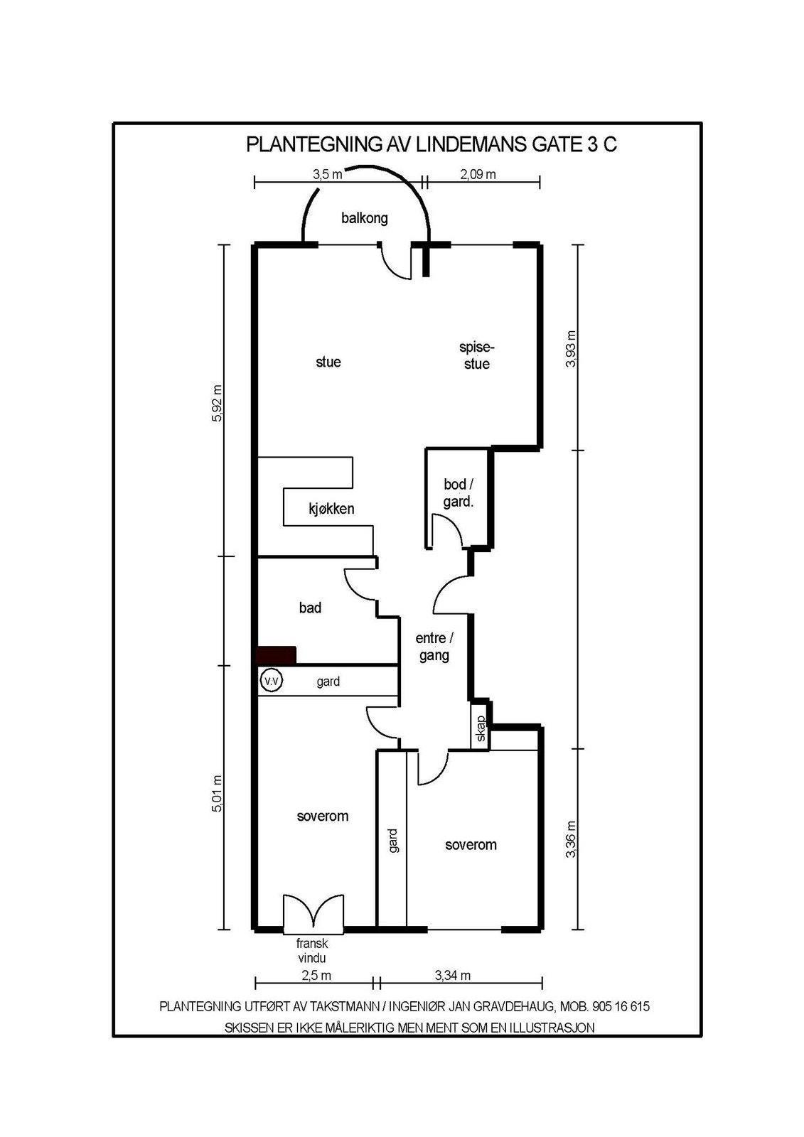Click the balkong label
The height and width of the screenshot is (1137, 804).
tap(365, 218)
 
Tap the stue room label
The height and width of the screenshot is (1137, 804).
tap(328, 362)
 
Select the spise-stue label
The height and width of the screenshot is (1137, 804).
tap(476, 356)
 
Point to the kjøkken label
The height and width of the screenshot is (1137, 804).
tap(331, 509)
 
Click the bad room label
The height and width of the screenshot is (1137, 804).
tap(310, 608)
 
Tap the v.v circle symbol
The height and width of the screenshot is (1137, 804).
tap(271, 681)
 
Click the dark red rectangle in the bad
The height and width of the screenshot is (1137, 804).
tap(276, 656)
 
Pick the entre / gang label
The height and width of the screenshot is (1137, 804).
tap(434, 647)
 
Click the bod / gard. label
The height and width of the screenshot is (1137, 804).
tap(459, 493)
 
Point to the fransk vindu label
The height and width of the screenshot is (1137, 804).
tap(312, 951)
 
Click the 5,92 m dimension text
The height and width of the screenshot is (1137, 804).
tap(218, 403)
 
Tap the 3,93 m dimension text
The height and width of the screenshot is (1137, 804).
tap(570, 348)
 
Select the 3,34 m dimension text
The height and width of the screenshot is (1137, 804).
tap(453, 976)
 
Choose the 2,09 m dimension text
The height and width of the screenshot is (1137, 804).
tap(478, 174)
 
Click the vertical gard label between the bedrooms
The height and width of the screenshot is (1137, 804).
tap(393, 840)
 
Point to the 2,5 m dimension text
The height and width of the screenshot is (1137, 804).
tap(316, 976)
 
